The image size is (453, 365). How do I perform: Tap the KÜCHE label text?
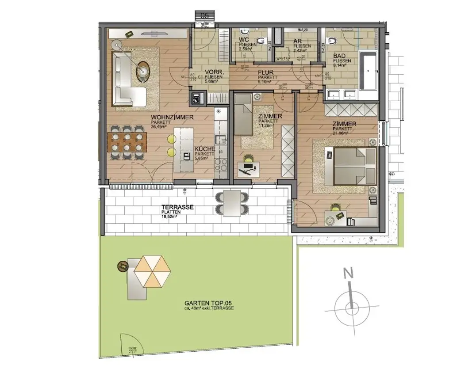204,149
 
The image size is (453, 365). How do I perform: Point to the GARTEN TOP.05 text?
208,304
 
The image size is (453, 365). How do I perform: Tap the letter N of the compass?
349,274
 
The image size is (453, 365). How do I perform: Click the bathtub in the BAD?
368,71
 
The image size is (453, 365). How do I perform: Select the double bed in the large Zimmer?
351,167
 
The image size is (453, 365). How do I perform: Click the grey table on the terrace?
232,203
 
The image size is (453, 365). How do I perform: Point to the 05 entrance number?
205,15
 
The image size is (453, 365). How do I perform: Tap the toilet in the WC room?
244,33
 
